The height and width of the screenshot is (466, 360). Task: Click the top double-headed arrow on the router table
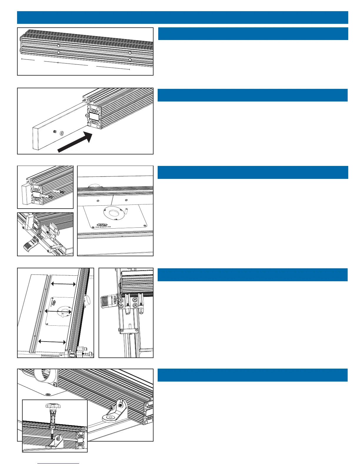(x=64, y=284)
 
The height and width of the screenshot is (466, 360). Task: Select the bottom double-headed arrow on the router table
(x=52, y=342)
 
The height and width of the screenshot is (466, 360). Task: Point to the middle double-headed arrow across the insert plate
(x=58, y=311)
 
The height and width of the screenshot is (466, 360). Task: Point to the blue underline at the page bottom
(x=59, y=463)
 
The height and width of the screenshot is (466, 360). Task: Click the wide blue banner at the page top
(x=182, y=17)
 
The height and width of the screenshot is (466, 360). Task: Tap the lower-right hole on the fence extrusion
(x=130, y=60)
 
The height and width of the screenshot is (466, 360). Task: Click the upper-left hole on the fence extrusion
(x=59, y=46)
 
